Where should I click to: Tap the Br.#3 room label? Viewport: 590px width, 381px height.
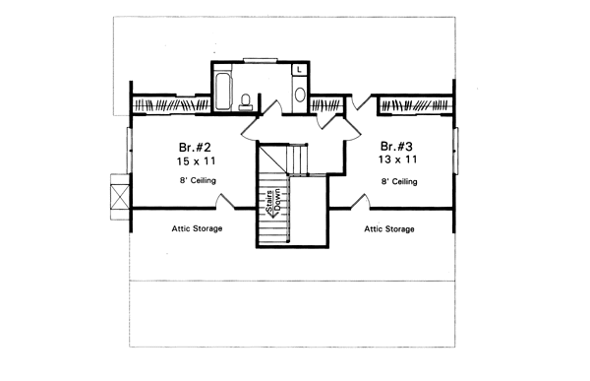click(396, 142)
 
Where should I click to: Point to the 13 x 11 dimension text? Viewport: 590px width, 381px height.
click(397, 158)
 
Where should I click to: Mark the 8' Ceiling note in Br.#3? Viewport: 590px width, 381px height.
click(397, 181)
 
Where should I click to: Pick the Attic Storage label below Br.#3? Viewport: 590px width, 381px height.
click(389, 228)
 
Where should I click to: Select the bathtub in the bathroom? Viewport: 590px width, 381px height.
click(222, 89)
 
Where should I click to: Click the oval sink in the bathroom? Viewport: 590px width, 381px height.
click(300, 95)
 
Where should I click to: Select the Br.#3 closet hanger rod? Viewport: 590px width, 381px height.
click(417, 103)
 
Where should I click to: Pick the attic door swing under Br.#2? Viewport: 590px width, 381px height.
click(224, 201)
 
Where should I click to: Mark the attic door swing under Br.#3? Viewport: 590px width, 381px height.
click(362, 201)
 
